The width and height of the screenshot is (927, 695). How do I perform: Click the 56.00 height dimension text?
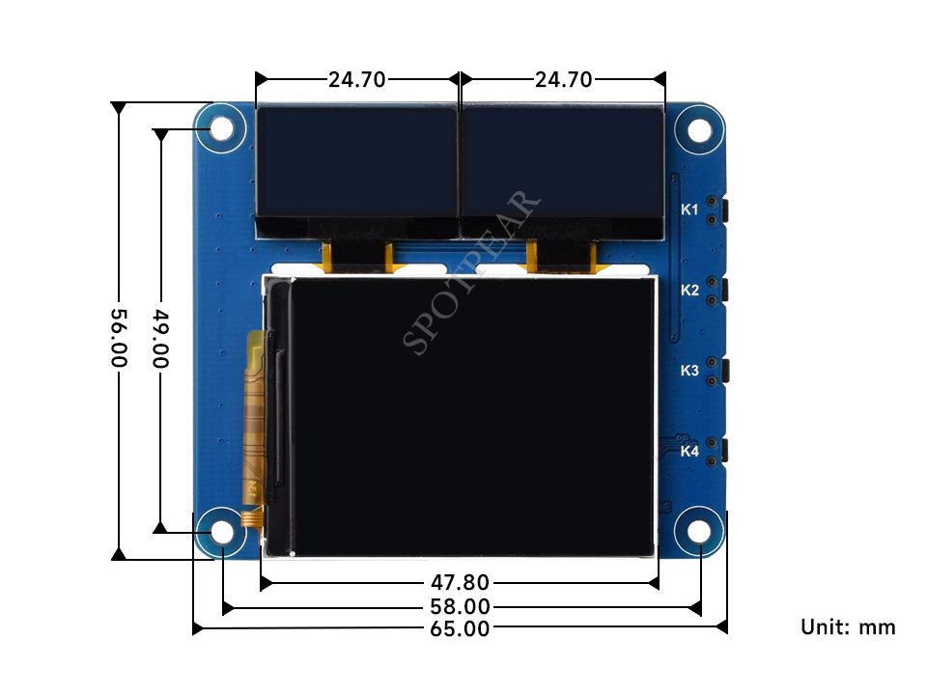coord(118,336)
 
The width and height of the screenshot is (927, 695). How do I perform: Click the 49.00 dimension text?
coord(161,338)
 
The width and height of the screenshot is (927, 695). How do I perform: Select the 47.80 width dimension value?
coord(460,582)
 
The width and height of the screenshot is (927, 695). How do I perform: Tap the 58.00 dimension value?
coord(460,607)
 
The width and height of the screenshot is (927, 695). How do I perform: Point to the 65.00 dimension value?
coord(460,628)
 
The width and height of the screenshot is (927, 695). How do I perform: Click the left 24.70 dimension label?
coord(356,80)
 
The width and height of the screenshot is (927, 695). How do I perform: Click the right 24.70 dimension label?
coord(563,80)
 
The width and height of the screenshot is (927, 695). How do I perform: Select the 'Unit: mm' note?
coord(848,627)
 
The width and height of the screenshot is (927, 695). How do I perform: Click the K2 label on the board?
coord(689,290)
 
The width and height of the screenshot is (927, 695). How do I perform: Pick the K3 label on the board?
coord(689,370)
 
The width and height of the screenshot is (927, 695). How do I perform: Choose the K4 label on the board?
coord(689,451)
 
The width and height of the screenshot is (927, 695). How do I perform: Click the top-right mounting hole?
coord(698,128)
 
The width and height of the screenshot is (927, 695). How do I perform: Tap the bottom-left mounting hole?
coord(221,532)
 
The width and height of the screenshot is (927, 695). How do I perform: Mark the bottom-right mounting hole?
coord(698,532)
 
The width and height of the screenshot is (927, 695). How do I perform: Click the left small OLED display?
coord(355,162)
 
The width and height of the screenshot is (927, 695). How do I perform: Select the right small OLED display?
coord(563,162)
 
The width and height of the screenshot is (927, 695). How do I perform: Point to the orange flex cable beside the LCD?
coord(255,425)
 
